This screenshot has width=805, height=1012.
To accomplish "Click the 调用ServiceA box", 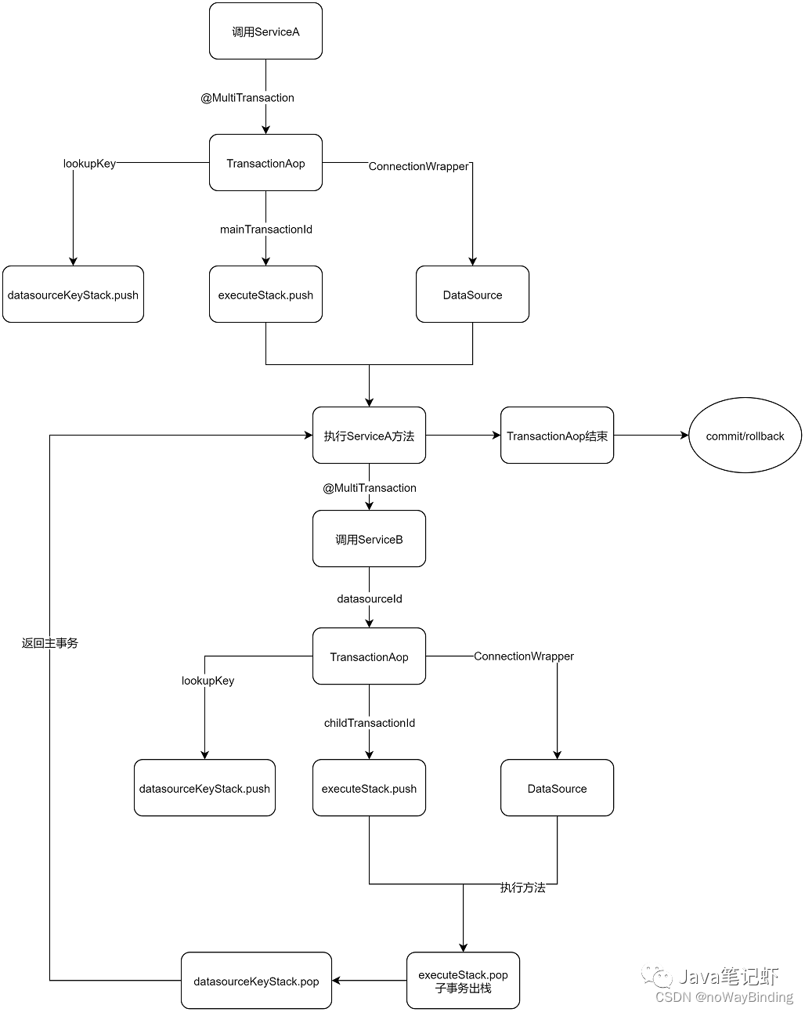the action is pyautogui.click(x=265, y=31).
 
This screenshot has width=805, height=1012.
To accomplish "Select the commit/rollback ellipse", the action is pyautogui.click(x=745, y=436).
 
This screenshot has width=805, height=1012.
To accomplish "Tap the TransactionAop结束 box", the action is pyautogui.click(x=558, y=436).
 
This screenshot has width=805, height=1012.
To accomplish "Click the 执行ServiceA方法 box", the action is pyautogui.click(x=369, y=436).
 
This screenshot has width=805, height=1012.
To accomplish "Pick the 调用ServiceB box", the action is pyautogui.click(x=369, y=539).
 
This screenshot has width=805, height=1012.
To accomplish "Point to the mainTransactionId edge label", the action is pyautogui.click(x=266, y=230).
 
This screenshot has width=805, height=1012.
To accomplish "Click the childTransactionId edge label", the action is pyautogui.click(x=370, y=723).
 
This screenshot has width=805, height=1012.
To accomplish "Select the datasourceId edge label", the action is pyautogui.click(x=370, y=599).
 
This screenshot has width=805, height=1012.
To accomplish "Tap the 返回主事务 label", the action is pyautogui.click(x=50, y=643).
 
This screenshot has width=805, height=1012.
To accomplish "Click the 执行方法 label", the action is pyautogui.click(x=523, y=888).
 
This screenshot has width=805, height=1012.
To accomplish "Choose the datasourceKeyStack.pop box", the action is pyautogui.click(x=256, y=981).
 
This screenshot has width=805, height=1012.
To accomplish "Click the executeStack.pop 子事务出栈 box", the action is pyautogui.click(x=463, y=981).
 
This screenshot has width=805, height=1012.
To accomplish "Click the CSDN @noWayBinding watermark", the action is pyautogui.click(x=724, y=997).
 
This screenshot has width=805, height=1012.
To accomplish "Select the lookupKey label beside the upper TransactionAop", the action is pyautogui.click(x=89, y=164).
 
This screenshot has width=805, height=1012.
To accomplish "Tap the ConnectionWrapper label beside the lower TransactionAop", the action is pyautogui.click(x=524, y=656).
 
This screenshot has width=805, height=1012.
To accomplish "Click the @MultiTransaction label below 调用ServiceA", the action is pyautogui.click(x=247, y=98).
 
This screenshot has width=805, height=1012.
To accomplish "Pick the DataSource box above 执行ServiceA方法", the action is pyautogui.click(x=472, y=295).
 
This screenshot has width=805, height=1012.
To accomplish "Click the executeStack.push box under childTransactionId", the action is pyautogui.click(x=369, y=788).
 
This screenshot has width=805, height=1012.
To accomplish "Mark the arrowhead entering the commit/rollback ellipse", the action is pyautogui.click(x=684, y=436).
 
